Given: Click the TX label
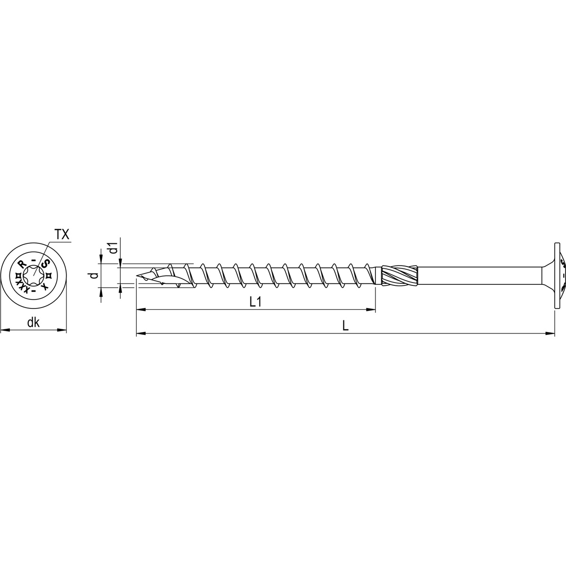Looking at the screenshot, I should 62,234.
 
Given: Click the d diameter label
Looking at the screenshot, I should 94,275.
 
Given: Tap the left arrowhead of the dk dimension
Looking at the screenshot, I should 4,330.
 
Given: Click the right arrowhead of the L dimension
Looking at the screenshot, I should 550,334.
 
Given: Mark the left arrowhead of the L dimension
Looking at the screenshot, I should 140,334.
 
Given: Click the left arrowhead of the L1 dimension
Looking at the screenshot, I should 140,310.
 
